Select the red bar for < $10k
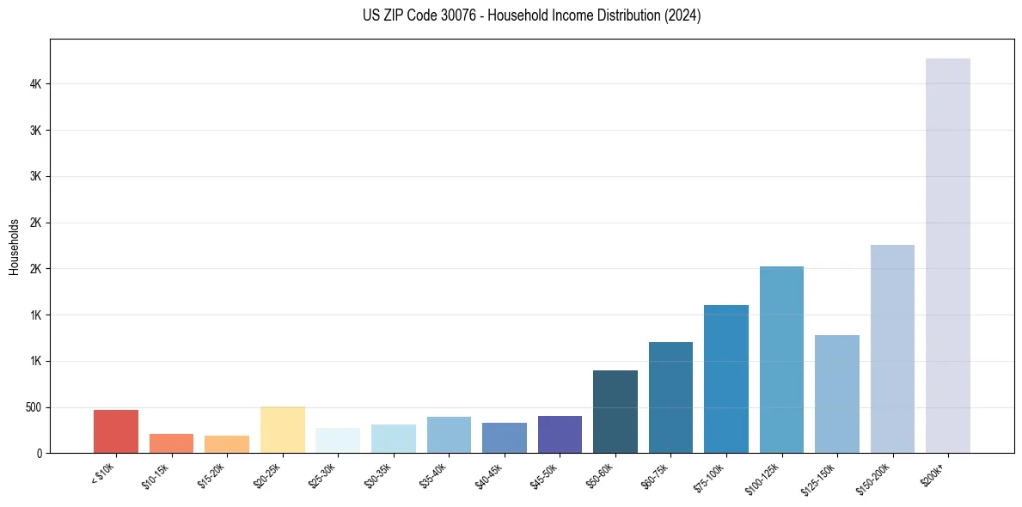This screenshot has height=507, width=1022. click(x=116, y=431)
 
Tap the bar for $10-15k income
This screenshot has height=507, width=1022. click(x=171, y=443)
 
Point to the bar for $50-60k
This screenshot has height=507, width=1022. click(x=615, y=412)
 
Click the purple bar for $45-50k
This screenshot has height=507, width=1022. click(x=560, y=434)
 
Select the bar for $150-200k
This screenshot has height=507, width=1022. click(x=892, y=349)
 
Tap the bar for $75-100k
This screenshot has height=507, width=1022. click(x=726, y=379)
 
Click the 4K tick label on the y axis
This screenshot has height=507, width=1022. click(x=35, y=84)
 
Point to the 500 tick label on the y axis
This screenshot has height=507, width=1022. click(x=32, y=407)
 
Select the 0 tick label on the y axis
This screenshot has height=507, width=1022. click(x=39, y=454)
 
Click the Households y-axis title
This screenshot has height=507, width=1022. click(x=15, y=247)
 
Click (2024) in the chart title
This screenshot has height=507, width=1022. click(x=682, y=15)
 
